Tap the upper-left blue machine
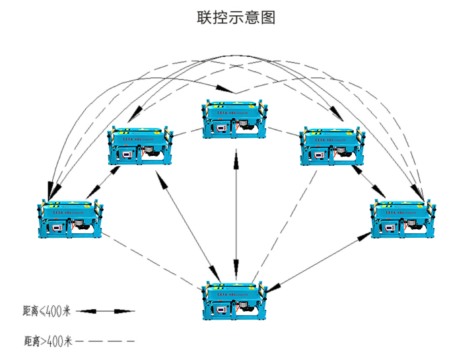coord(141,145)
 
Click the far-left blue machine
coord(69,219)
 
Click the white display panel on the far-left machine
coord(57,228)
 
